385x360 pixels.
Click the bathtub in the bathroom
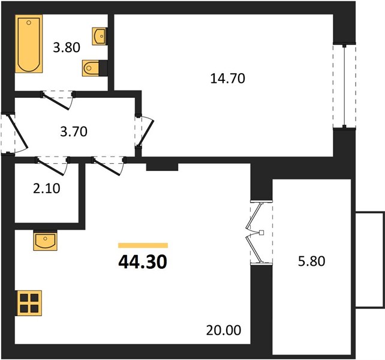pos(29,44)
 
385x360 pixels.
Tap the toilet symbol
pos(91,68)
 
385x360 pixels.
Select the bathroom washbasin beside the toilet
pos(99,36)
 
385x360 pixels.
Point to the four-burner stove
pos(29,303)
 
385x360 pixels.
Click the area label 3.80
pos(67,47)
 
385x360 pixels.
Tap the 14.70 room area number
pos(228,79)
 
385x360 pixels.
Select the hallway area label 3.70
pos(74,131)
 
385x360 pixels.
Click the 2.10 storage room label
pos(46,188)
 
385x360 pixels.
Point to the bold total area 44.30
pos(143,262)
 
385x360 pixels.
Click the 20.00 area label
pos(224,330)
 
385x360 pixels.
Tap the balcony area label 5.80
pos(312,261)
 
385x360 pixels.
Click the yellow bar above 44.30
pos(143,245)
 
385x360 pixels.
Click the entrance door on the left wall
pos(14,134)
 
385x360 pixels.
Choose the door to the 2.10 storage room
pos(52,166)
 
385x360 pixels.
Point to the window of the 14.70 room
pos(344,86)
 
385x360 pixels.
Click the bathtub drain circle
pos(29,23)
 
